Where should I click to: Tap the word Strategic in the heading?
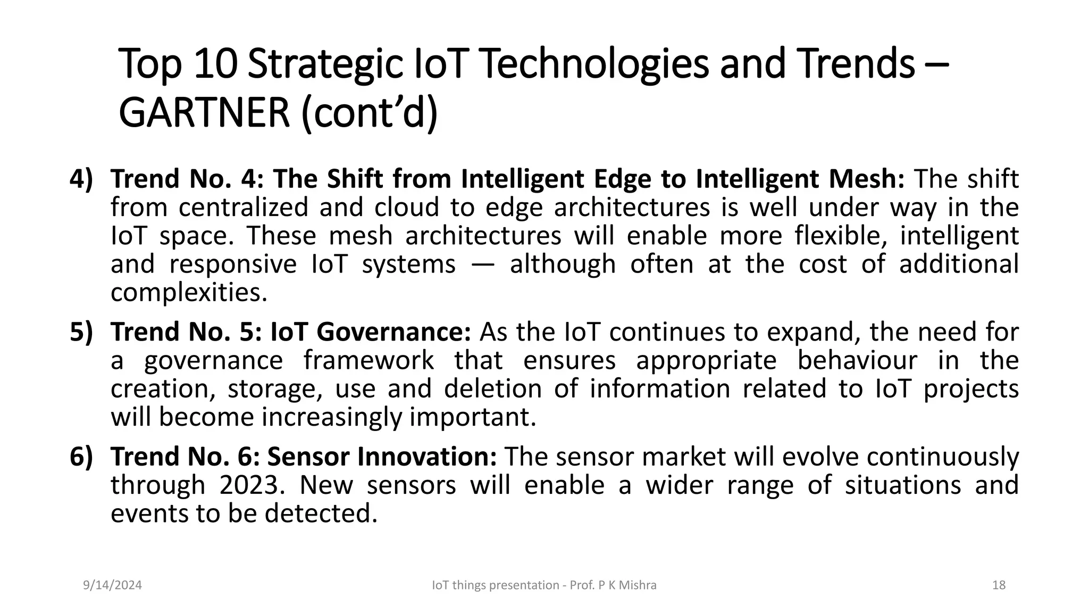click(x=324, y=64)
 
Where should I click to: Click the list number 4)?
click(x=81, y=179)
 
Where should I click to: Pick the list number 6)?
click(x=81, y=457)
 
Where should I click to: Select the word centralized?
click(x=243, y=208)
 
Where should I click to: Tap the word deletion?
click(x=492, y=388)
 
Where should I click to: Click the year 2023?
click(x=249, y=485)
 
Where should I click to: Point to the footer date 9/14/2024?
click(x=113, y=585)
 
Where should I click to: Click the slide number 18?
click(x=999, y=585)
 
